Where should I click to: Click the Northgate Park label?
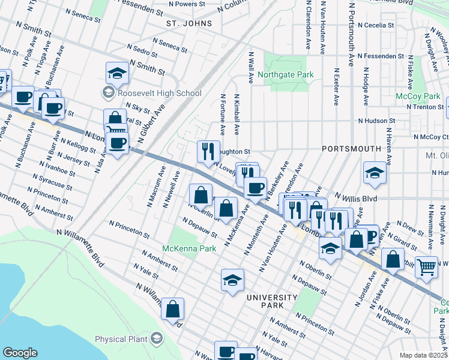(286, 75)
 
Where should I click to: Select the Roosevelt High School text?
(159, 93)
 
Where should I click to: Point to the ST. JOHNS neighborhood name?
(189, 23)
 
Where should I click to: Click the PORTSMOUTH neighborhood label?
(351, 148)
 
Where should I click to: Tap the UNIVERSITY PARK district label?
(271, 301)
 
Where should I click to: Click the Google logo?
(20, 353)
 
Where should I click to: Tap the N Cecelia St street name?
(375, 26)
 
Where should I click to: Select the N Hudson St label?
(369, 121)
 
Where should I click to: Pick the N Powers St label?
(187, 4)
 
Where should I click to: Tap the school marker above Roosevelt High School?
(117, 73)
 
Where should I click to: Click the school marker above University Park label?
(232, 279)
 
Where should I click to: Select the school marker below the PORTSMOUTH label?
(375, 173)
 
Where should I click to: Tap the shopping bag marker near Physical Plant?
(172, 308)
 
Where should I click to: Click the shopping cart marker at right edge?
(426, 267)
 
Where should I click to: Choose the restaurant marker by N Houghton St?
(208, 151)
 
